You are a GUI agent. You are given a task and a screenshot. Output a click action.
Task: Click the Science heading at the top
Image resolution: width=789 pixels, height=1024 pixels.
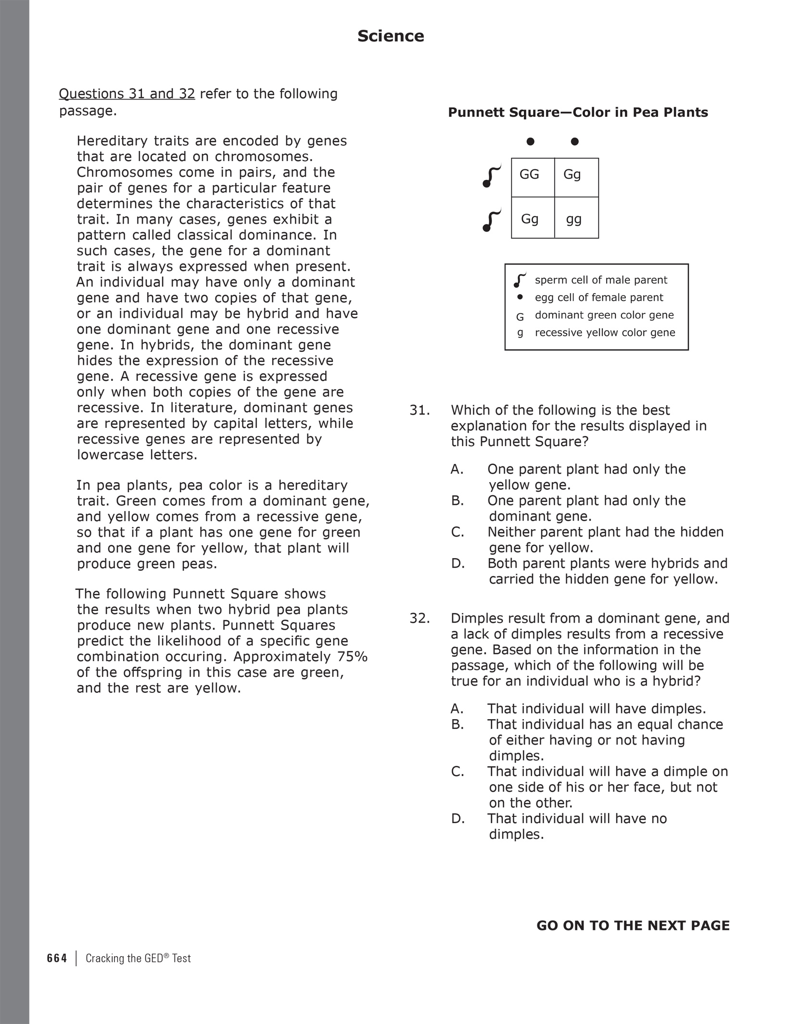(390, 36)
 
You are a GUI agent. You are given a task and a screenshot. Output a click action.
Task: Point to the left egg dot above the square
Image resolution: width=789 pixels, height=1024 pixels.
(530, 141)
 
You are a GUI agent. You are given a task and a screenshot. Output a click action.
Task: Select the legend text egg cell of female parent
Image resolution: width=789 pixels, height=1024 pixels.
(598, 298)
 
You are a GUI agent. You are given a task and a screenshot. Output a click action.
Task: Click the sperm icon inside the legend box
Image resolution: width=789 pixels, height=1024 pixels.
(520, 280)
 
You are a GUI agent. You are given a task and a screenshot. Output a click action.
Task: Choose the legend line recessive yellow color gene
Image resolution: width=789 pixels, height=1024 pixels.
(605, 333)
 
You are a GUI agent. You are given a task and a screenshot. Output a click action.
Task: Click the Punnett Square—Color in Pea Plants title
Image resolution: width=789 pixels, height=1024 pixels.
(578, 112)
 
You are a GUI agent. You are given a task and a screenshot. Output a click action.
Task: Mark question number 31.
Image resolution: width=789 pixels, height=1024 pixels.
(419, 410)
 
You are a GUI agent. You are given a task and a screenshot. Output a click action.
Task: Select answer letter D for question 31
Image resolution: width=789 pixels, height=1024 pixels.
(458, 563)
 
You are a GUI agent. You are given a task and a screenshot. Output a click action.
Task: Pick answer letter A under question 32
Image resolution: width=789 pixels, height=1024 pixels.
(457, 709)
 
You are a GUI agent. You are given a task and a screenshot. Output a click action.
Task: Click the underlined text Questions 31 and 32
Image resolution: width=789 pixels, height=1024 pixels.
(127, 94)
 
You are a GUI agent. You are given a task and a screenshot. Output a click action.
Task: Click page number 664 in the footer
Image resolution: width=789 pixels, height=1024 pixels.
(57, 958)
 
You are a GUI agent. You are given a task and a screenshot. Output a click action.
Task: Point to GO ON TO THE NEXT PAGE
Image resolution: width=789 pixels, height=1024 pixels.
(633, 925)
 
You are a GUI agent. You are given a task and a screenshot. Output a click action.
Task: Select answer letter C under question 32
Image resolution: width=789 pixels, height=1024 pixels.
(457, 772)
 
